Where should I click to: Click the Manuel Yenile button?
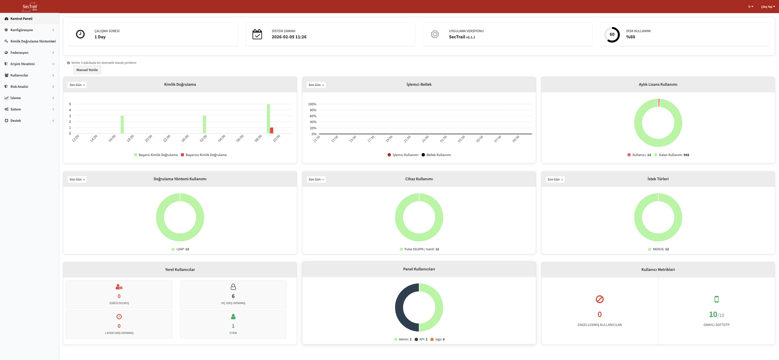(x=87, y=70)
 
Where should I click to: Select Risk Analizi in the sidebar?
(x=19, y=87)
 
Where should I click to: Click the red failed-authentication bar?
(x=272, y=130)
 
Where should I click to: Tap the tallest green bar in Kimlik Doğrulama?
(x=268, y=118)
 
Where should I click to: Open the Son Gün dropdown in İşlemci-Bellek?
(x=316, y=85)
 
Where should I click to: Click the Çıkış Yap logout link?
(x=767, y=7)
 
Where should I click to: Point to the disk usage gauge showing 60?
(x=612, y=35)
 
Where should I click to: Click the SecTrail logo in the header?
(x=30, y=7)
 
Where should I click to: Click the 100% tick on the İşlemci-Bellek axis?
(x=312, y=104)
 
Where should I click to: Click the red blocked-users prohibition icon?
(x=599, y=299)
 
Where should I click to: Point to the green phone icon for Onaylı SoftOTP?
(x=716, y=299)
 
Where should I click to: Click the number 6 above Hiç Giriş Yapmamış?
(x=233, y=296)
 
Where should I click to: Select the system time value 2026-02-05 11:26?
(x=289, y=37)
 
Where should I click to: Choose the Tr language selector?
(x=750, y=7)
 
